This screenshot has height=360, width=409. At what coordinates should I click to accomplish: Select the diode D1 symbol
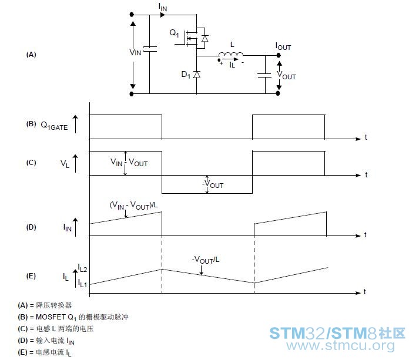point(197,75)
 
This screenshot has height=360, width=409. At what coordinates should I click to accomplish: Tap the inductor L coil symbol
point(231,54)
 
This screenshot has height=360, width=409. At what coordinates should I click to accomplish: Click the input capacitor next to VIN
point(150,49)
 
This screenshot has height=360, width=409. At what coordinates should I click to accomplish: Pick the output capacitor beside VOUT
point(265,75)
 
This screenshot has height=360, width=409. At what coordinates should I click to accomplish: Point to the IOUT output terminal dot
point(279,55)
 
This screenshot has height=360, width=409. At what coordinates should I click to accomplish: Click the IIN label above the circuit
point(163,7)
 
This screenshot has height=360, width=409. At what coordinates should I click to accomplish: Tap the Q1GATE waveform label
point(54,126)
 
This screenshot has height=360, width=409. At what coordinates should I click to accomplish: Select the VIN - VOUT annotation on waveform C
point(129,163)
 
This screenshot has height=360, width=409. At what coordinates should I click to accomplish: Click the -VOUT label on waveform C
point(213,184)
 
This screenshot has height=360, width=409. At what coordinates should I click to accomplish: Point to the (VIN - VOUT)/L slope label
point(133,205)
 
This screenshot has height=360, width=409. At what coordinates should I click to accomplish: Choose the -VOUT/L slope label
point(206,260)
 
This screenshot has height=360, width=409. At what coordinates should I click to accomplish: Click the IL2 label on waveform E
point(82,268)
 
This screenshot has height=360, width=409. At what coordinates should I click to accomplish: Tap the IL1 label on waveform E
point(82,283)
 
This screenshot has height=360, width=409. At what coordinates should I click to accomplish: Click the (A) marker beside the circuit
point(31,55)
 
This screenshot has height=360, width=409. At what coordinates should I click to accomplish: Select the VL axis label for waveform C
point(65,164)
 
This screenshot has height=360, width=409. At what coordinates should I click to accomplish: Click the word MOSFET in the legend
point(51,317)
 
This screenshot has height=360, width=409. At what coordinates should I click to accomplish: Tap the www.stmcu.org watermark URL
point(340,346)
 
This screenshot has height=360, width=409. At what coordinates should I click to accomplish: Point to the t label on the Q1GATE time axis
point(366,137)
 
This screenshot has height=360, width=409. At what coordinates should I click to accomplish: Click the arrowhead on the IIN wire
point(163,15)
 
